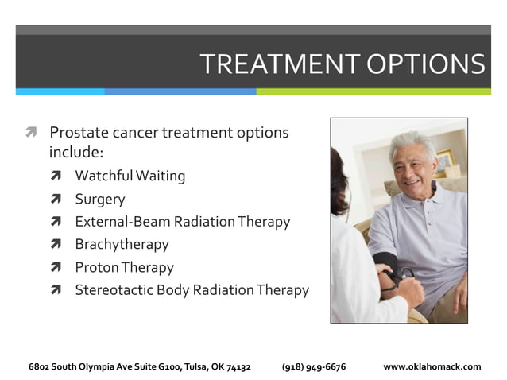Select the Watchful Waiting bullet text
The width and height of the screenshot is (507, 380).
coord(130,176)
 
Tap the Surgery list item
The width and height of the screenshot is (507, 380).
coord(99,199)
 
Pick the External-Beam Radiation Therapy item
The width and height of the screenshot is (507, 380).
coord(182,222)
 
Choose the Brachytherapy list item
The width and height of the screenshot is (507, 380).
coord(122,245)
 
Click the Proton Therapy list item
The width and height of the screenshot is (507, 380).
coord(124,268)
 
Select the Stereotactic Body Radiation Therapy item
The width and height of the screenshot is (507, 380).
coord(192,290)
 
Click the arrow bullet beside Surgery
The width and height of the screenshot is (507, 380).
coord(56,200)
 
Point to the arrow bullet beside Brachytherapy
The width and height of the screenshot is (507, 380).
coord(56,245)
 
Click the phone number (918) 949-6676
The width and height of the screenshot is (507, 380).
coord(314,366)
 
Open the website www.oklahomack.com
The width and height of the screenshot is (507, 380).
coord(432,366)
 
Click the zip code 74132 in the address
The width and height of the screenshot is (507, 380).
coord(238,366)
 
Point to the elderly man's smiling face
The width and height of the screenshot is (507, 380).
coord(412,168)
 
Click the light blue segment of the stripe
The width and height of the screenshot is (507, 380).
coord(60,91)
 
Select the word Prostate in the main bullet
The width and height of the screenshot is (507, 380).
coord(78,133)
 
